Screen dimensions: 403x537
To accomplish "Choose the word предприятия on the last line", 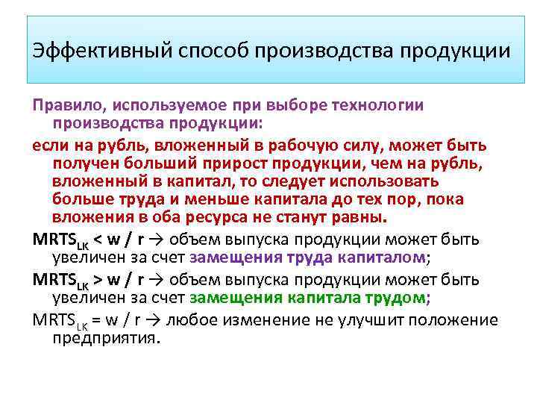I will [x=106, y=337].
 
